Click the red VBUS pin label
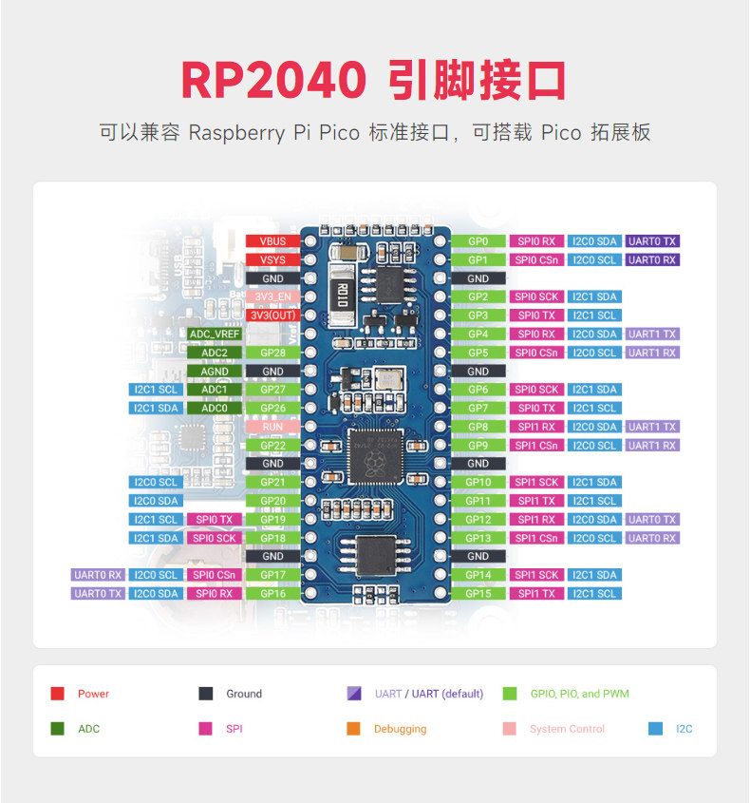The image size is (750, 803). [272, 241]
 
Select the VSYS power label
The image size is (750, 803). [272, 259]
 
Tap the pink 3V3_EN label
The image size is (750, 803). [272, 297]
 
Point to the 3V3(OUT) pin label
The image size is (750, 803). [272, 315]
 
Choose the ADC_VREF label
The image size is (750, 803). [215, 334]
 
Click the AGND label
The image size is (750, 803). [215, 372]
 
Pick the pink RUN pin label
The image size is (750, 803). [272, 427]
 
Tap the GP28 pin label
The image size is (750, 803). [272, 353]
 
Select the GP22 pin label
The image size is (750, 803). [272, 446]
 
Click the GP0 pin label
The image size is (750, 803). [478, 241]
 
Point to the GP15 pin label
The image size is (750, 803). [478, 594]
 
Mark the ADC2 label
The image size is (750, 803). [215, 353]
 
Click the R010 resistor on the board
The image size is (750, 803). [342, 295]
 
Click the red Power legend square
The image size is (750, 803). [57, 694]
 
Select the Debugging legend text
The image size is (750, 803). [400, 729]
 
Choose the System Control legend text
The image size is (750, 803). [567, 729]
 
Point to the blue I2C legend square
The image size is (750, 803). [655, 729]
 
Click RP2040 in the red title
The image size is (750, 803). [273, 80]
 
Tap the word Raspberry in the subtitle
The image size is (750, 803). [236, 133]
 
